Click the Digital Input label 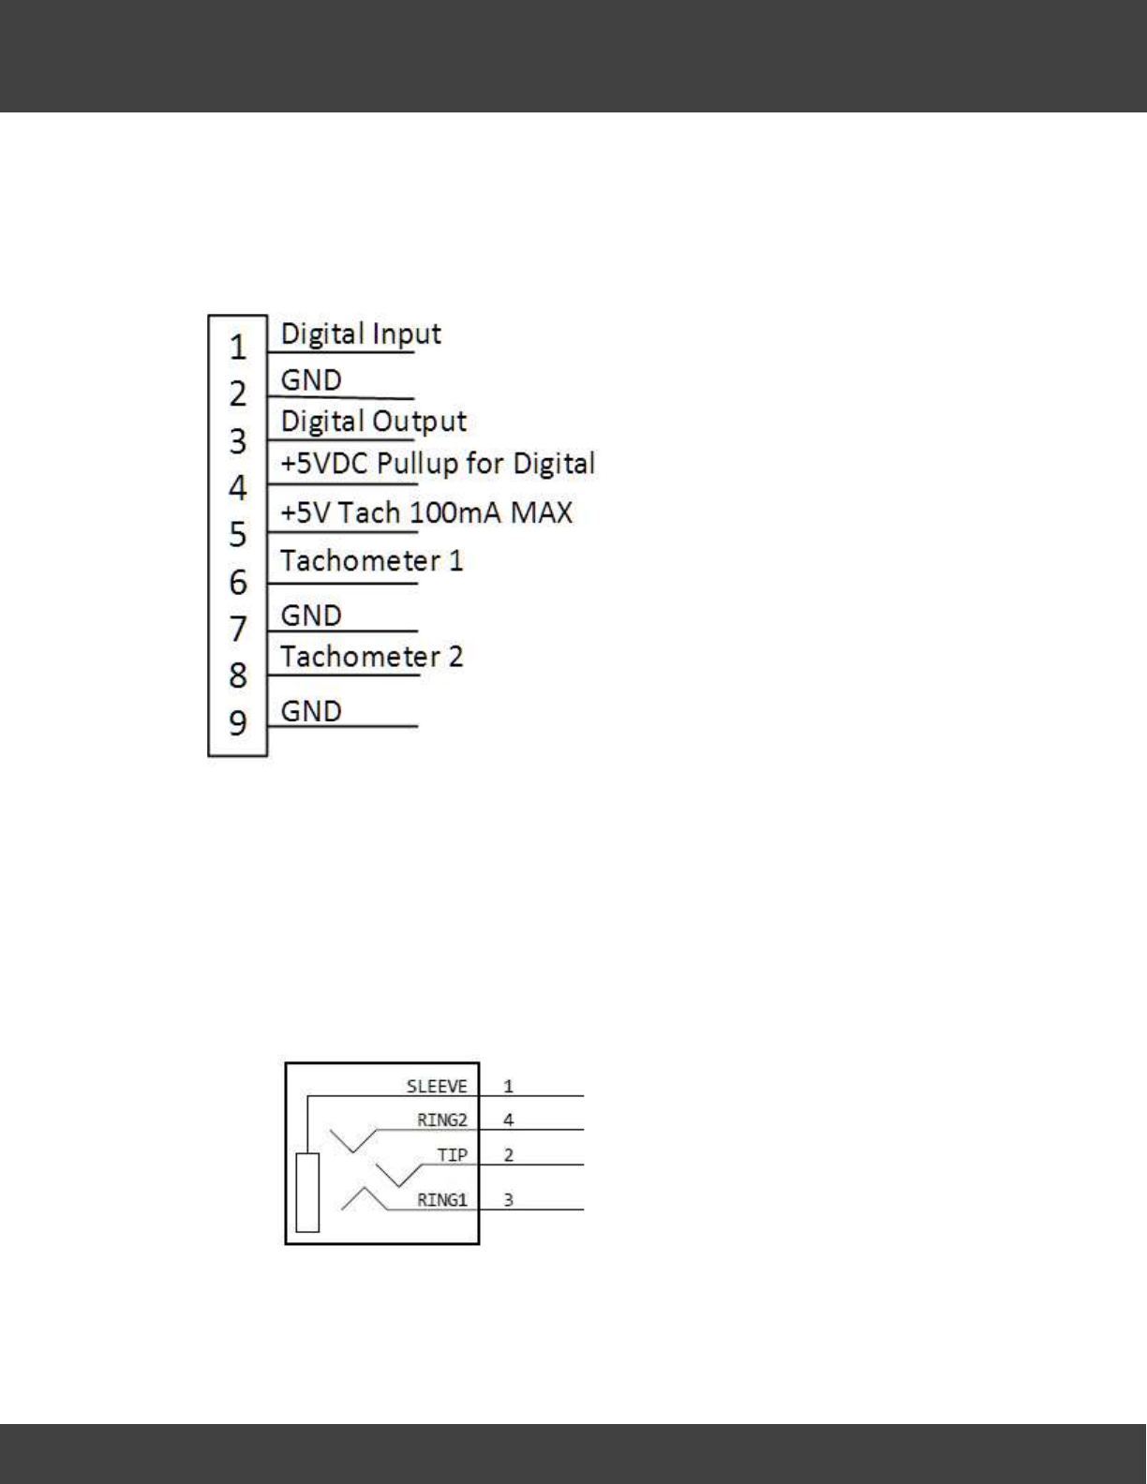pyautogui.click(x=361, y=334)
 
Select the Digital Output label pyautogui.click(x=373, y=422)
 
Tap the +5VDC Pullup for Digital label pyautogui.click(x=438, y=464)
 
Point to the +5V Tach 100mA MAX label pyautogui.click(x=426, y=512)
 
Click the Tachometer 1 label pyautogui.click(x=371, y=561)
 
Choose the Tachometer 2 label pyautogui.click(x=371, y=657)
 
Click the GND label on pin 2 pyautogui.click(x=311, y=380)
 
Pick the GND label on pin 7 pyautogui.click(x=311, y=616)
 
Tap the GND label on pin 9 pyautogui.click(x=311, y=711)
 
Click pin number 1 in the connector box pyautogui.click(x=238, y=348)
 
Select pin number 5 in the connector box pyautogui.click(x=238, y=535)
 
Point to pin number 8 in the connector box pyautogui.click(x=238, y=675)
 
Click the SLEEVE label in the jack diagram pyautogui.click(x=437, y=1087)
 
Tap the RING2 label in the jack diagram pyautogui.click(x=441, y=1120)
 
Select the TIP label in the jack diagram pyautogui.click(x=452, y=1155)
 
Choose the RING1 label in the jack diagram pyautogui.click(x=441, y=1200)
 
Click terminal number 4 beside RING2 pyautogui.click(x=509, y=1120)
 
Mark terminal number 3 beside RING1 pyautogui.click(x=509, y=1200)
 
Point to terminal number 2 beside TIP pyautogui.click(x=509, y=1155)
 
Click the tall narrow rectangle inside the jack pyautogui.click(x=307, y=1193)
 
